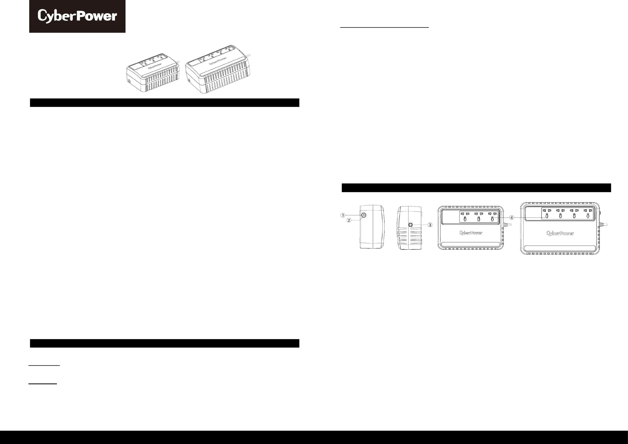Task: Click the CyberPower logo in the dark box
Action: coord(77,16)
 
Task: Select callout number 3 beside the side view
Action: coord(430,225)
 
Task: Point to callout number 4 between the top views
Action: coord(511,218)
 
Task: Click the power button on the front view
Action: coord(364,215)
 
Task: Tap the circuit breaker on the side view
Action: coord(410,225)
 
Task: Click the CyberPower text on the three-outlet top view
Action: coord(470,233)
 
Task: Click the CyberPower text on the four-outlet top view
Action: coord(560,233)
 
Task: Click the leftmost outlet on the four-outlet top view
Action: coord(547,213)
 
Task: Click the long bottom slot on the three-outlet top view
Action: coord(470,244)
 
